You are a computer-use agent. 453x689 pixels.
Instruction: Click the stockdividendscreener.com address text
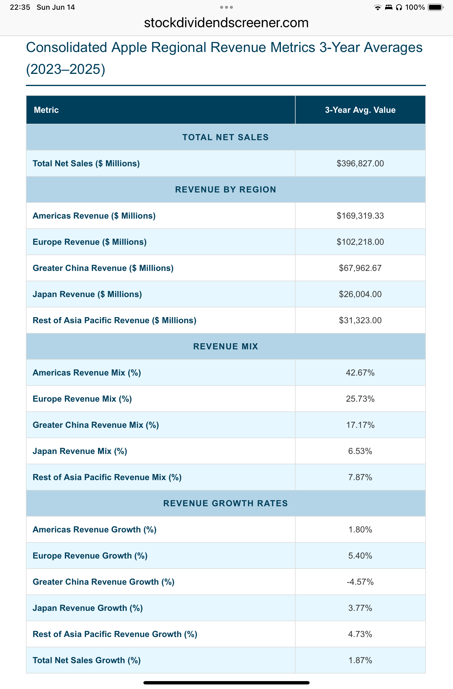pyautogui.click(x=226, y=23)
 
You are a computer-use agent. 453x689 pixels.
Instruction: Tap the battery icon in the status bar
pyautogui.click(x=436, y=7)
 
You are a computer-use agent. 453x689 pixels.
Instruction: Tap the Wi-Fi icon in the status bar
pyautogui.click(x=377, y=8)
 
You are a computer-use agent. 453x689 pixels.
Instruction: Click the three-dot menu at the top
pyautogui.click(x=226, y=7)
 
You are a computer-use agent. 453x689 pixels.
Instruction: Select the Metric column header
pyautogui.click(x=46, y=110)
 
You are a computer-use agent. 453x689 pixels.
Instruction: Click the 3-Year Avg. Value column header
pyautogui.click(x=360, y=110)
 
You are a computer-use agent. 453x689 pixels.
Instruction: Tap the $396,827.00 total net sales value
pyautogui.click(x=360, y=164)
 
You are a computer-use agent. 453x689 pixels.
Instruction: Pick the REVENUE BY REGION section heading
pyautogui.click(x=226, y=190)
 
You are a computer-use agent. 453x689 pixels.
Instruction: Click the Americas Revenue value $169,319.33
pyautogui.click(x=360, y=216)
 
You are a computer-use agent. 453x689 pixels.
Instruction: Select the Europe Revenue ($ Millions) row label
pyautogui.click(x=90, y=242)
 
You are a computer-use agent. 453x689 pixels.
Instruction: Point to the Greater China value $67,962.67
pyautogui.click(x=360, y=268)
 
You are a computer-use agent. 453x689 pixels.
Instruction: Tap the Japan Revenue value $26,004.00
pyautogui.click(x=360, y=294)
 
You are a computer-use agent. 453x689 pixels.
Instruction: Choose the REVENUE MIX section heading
pyautogui.click(x=226, y=347)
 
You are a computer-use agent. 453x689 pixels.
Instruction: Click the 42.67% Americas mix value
pyautogui.click(x=360, y=373)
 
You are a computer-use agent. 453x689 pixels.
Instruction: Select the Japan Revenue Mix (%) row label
pyautogui.click(x=80, y=451)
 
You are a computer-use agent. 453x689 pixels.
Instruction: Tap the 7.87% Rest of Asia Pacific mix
pyautogui.click(x=360, y=477)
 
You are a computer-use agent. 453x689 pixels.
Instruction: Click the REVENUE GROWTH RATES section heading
pyautogui.click(x=226, y=504)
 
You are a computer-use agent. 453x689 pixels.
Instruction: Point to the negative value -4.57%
pyautogui.click(x=360, y=582)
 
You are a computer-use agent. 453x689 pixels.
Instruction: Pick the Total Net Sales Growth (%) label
pyautogui.click(x=86, y=660)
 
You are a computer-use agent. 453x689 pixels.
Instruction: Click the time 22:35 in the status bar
pyautogui.click(x=20, y=7)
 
